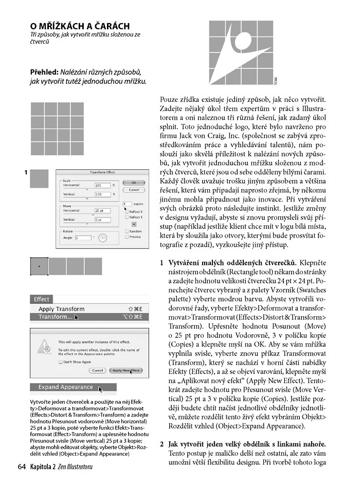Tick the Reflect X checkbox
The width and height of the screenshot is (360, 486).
pyautogui.click(x=127, y=211)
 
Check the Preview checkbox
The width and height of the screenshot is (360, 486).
pyautogui.click(x=127, y=237)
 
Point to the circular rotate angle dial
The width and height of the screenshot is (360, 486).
pyautogui.click(x=102, y=238)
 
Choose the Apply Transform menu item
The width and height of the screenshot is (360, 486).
pyautogui.click(x=61, y=309)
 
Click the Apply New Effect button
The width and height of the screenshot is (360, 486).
pyautogui.click(x=127, y=370)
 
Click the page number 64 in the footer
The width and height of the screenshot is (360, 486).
pyautogui.click(x=22, y=467)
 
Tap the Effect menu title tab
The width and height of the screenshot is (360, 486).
pyautogui.click(x=42, y=299)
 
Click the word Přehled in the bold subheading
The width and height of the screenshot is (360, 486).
pyautogui.click(x=43, y=73)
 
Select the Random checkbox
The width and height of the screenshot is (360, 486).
pyautogui.click(x=127, y=231)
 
